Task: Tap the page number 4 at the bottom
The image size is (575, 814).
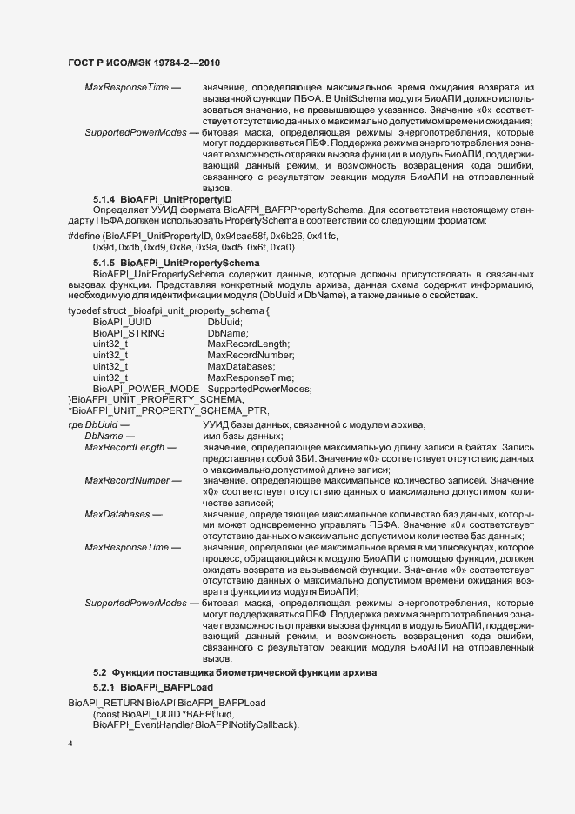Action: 70,744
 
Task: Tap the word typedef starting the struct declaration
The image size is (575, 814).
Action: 84,310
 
